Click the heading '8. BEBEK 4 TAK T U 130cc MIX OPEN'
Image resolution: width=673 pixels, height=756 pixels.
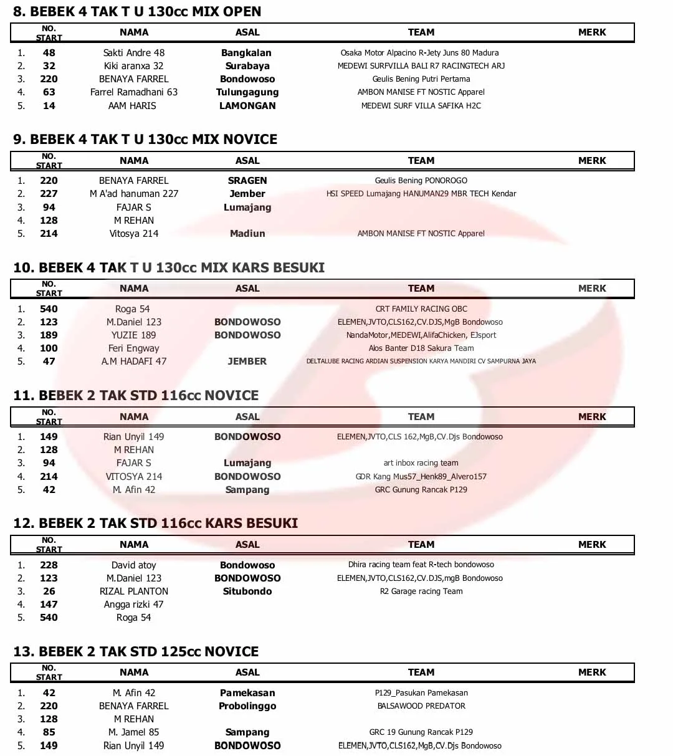coord(137,11)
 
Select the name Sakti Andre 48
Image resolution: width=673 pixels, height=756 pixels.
coord(134,53)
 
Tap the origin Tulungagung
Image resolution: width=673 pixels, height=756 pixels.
coord(247,92)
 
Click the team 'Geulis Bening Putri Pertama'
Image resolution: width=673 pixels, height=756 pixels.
coord(421,79)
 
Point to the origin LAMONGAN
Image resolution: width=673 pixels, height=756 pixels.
coord(247,106)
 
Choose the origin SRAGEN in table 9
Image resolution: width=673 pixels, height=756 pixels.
coord(247,181)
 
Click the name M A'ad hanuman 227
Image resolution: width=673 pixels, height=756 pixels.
coord(134,194)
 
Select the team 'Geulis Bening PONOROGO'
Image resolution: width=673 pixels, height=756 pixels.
coord(421,181)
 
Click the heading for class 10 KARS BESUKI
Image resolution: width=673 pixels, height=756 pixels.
coord(169,267)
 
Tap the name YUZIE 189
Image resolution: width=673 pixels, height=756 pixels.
coord(134,335)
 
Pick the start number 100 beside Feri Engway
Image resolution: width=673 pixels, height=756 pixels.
coord(49,348)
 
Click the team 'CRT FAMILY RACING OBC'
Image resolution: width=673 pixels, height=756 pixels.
coord(421,309)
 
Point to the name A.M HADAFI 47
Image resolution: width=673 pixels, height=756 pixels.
coord(134,361)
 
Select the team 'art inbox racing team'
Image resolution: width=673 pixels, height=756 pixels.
coord(421,463)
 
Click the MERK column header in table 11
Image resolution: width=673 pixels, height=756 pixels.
coord(592,416)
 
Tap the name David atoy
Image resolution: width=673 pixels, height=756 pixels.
coord(134,565)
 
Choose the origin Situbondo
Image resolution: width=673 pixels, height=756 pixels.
coord(247,591)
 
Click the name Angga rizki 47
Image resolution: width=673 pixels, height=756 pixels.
coord(134,605)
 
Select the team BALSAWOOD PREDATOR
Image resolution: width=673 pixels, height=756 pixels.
coord(421,706)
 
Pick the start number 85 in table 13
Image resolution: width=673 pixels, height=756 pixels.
coord(49,732)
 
